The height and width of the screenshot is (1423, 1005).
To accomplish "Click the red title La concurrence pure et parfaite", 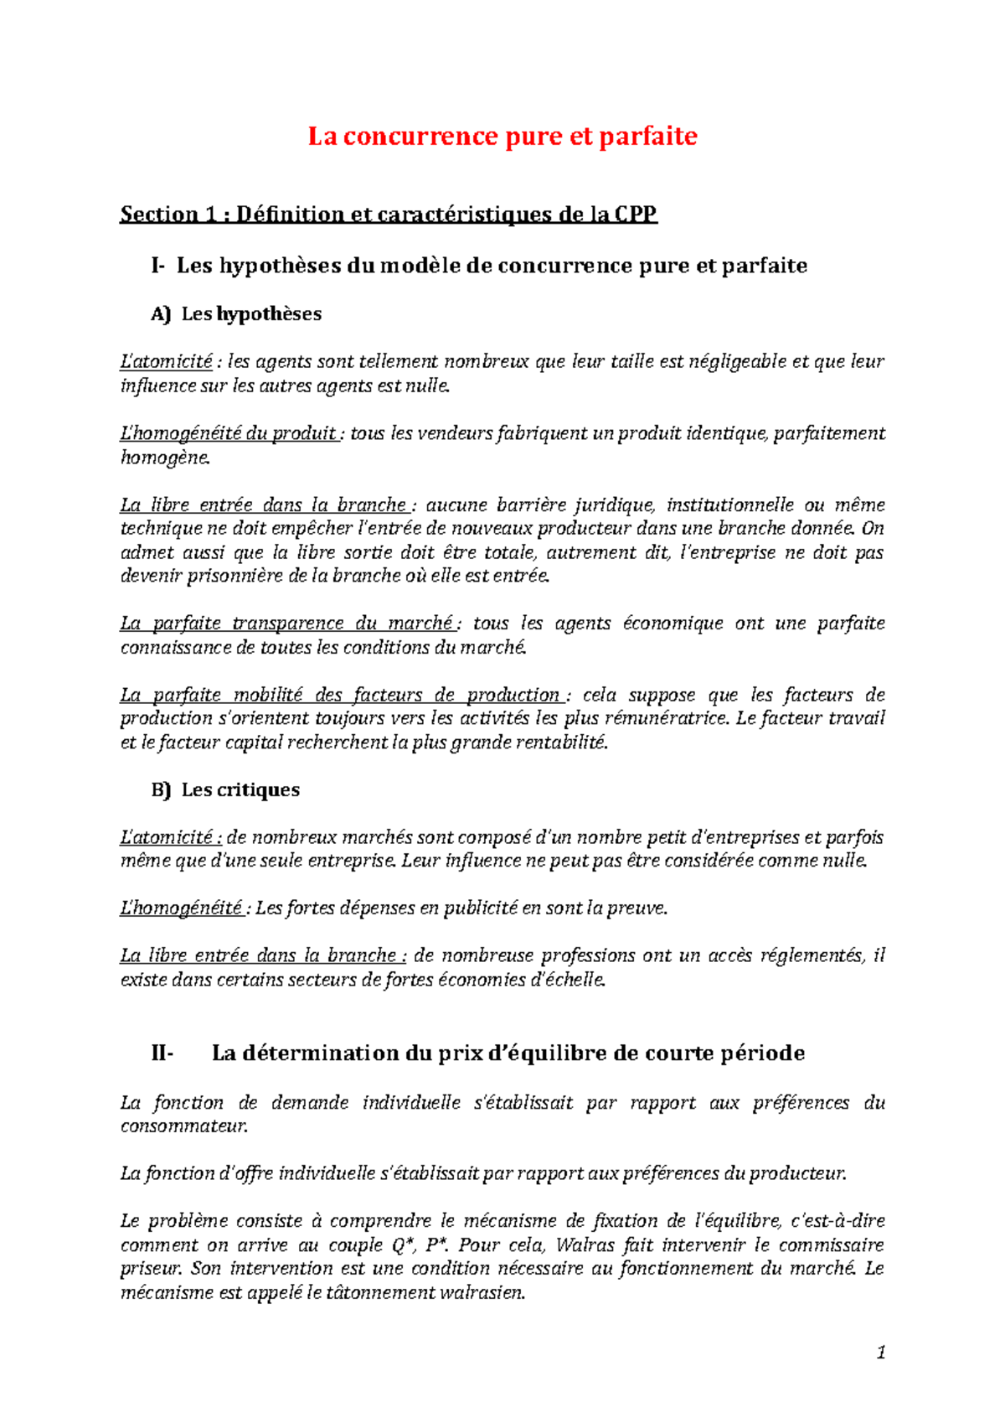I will tap(502, 136).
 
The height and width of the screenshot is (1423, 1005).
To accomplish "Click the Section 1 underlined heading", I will tap(389, 215).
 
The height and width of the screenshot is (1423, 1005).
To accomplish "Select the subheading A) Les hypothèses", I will tap(236, 314).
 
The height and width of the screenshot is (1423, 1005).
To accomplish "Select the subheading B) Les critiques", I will tap(225, 789).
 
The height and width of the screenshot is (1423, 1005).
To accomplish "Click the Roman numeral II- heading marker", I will tap(162, 1053).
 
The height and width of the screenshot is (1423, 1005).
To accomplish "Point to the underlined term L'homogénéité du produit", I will tap(229, 433).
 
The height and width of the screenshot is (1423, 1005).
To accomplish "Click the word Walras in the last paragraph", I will tap(585, 1244).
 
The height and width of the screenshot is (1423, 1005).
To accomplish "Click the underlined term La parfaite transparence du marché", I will tap(286, 624).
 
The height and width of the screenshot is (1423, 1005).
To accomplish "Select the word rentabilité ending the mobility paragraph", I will tap(560, 743).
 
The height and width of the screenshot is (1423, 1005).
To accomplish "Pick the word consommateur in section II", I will tap(184, 1126).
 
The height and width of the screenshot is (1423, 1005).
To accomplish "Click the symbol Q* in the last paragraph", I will tap(400, 1244).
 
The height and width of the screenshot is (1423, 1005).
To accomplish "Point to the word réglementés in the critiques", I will tap(810, 956).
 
